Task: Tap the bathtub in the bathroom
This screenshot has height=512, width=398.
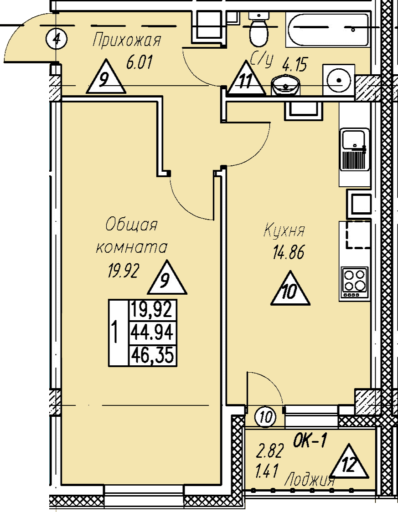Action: click(x=328, y=30)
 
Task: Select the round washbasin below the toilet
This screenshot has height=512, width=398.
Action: click(x=285, y=85)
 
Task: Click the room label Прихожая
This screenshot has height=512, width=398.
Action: click(x=127, y=41)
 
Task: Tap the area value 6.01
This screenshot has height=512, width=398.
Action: click(x=139, y=62)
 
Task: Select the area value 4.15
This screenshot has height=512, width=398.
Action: click(x=295, y=65)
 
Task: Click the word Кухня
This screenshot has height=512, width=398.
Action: click(x=284, y=230)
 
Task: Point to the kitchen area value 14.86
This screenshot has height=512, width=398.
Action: click(x=289, y=252)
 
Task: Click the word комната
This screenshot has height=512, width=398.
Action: click(x=132, y=247)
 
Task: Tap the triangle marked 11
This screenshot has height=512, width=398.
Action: click(x=246, y=78)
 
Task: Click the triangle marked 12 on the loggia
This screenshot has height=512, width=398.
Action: click(x=349, y=462)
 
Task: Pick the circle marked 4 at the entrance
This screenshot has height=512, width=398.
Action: click(x=56, y=39)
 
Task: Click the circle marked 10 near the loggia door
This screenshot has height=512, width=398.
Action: click(x=266, y=417)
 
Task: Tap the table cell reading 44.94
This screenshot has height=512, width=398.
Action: click(x=152, y=333)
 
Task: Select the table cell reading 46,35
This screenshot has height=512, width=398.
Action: click(x=152, y=355)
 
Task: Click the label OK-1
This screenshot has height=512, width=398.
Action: click(x=309, y=441)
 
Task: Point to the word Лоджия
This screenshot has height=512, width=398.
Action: click(x=310, y=480)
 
